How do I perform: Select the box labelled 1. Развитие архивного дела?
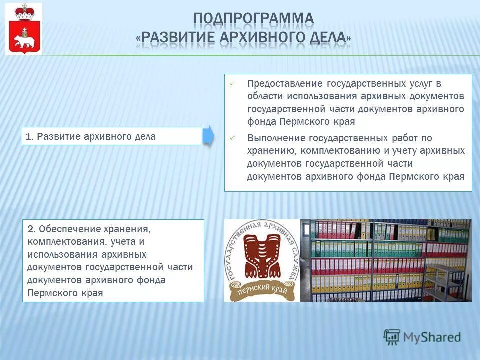coord(111,136)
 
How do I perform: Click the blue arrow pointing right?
coord(208,135)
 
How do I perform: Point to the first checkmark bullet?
coord(232,84)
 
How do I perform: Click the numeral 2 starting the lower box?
coord(30,229)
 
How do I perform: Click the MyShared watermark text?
coord(432,337)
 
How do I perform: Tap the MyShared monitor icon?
coord(392,336)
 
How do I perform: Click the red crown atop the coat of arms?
coord(23,13)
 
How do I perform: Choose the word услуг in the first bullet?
coord(419,83)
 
